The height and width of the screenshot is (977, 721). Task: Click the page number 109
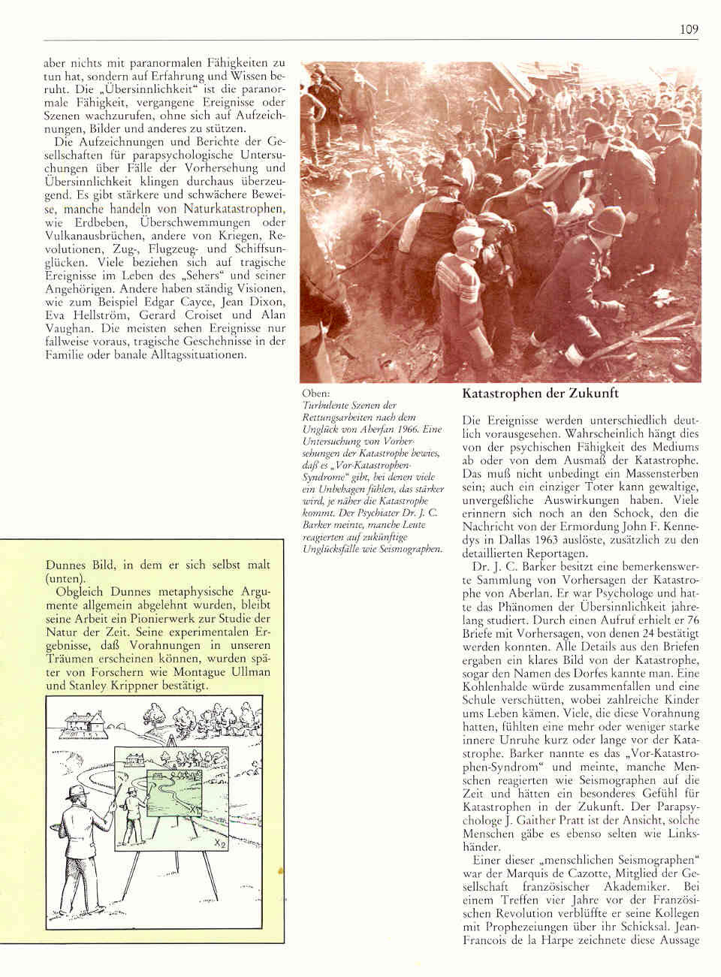tap(689, 29)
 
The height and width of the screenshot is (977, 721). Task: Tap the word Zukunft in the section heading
tap(594, 394)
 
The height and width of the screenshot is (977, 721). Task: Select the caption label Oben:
tap(314, 393)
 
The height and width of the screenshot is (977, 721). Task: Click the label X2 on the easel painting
tap(219, 844)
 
